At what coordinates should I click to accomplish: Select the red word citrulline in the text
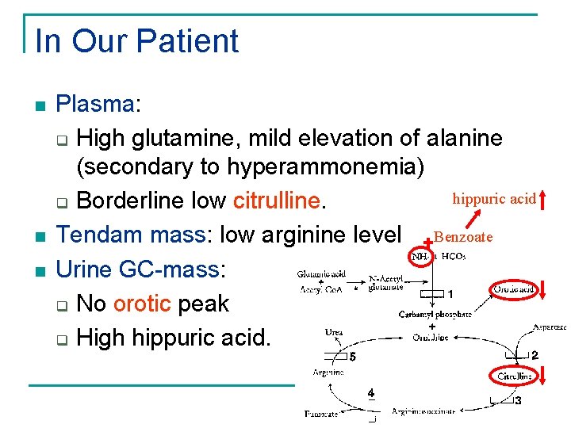click(x=277, y=200)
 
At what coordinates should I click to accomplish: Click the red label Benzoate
click(x=464, y=237)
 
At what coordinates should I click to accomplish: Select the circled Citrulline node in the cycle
click(x=514, y=375)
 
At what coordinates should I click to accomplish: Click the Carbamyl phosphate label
click(x=435, y=314)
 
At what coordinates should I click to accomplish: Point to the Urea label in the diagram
click(x=334, y=332)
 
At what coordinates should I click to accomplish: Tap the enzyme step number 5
click(x=352, y=357)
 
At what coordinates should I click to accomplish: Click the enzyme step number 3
click(x=518, y=401)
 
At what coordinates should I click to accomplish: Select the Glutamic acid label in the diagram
click(x=321, y=274)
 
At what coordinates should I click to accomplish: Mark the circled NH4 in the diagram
click(x=420, y=256)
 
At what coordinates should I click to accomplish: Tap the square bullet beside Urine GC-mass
click(x=40, y=270)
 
